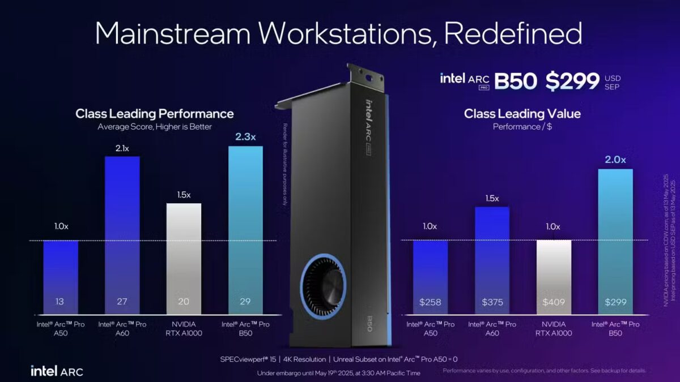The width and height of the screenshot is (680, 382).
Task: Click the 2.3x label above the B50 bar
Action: click(x=245, y=136)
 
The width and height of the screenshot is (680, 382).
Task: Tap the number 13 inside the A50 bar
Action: click(x=61, y=302)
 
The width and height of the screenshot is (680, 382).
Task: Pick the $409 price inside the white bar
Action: click(x=554, y=302)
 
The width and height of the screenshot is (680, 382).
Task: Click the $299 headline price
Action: click(x=572, y=81)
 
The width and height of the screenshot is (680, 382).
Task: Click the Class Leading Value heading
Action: click(x=522, y=114)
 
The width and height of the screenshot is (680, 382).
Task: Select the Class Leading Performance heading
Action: click(x=155, y=114)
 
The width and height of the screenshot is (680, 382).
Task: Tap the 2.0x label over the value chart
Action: click(x=615, y=160)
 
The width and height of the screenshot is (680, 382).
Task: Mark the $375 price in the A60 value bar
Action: click(x=492, y=302)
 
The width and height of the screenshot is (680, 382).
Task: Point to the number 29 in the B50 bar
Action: click(x=245, y=302)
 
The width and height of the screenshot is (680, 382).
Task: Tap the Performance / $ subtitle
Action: click(x=522, y=127)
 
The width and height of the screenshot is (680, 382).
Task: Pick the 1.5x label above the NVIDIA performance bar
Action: click(x=184, y=195)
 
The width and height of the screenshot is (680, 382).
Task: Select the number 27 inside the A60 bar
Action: click(x=122, y=302)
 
